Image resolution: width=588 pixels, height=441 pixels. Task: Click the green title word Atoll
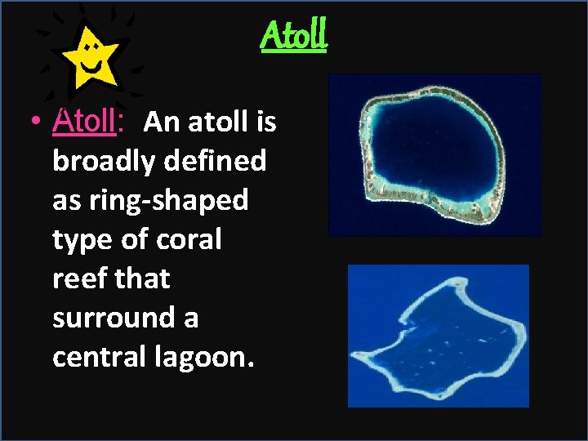pos(294,34)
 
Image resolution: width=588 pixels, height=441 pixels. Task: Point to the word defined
pos(216,162)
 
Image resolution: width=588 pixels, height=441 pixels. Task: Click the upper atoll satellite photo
pos(434,155)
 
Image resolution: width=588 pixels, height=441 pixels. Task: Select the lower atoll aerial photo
pos(439,336)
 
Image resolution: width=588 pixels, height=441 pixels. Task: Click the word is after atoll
pos(265,122)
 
